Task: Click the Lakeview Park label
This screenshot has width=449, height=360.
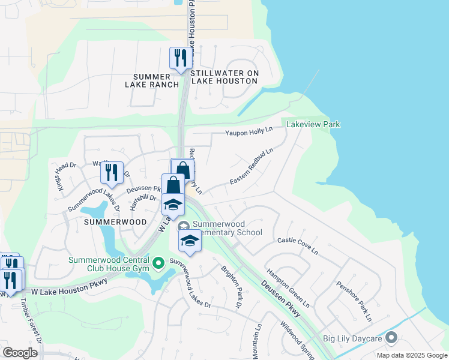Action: [x=313, y=124]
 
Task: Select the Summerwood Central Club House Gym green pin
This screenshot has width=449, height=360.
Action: [x=158, y=263]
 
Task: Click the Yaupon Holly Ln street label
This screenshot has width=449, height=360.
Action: [x=249, y=131]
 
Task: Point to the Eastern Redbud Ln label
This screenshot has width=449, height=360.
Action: [x=251, y=166]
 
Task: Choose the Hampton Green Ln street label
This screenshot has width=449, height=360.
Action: [x=288, y=287]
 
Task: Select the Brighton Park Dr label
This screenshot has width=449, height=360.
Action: [x=231, y=288]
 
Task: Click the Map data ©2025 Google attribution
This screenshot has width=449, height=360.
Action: [x=411, y=355]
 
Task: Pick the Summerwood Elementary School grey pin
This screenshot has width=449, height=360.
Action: [x=184, y=226]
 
